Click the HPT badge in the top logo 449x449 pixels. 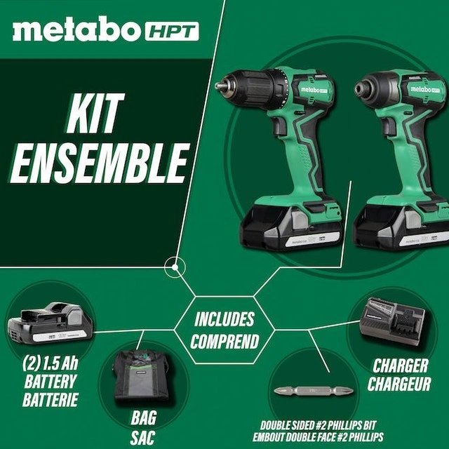[x=172, y=31]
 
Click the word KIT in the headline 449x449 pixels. [x=95, y=113]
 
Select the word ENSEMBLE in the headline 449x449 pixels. [x=100, y=163]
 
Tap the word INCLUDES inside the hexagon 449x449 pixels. [x=224, y=319]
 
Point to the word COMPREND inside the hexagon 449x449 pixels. [x=224, y=341]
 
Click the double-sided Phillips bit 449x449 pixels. [x=314, y=391]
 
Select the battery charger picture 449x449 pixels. [x=392, y=321]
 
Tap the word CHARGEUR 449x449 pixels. [x=399, y=384]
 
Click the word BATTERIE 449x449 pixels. [x=51, y=400]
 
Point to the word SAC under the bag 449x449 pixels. [x=143, y=437]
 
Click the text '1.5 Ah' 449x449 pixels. [x=60, y=363]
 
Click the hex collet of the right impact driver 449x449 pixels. [x=360, y=89]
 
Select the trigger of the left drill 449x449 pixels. [x=277, y=126]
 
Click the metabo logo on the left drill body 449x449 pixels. [x=314, y=90]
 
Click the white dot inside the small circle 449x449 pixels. [x=175, y=267]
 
